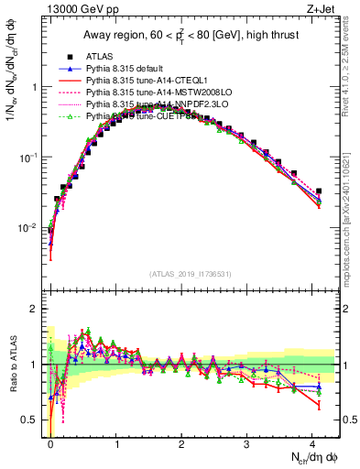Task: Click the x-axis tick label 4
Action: click(x=313, y=442)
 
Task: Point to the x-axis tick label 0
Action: click(x=50, y=442)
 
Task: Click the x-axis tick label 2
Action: click(x=182, y=442)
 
